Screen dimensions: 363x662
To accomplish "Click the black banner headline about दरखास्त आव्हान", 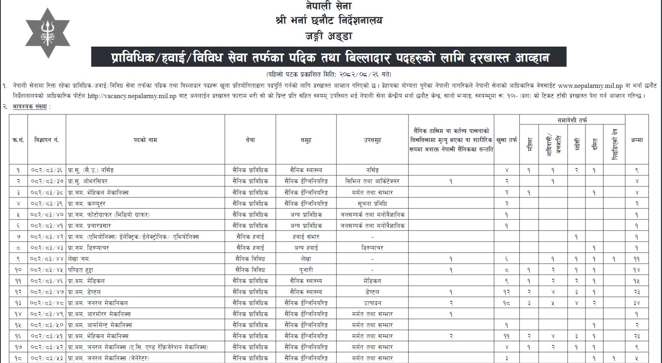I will (328, 57).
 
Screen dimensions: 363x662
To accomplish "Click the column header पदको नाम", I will (145, 140).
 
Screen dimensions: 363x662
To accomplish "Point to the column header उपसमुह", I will (372, 140).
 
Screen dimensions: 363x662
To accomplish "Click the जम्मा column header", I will (637, 140).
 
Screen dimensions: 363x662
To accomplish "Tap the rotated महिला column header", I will (529, 145).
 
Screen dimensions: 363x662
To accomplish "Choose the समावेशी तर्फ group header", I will (572, 120).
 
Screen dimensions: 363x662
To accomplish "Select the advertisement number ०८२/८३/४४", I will (47, 259).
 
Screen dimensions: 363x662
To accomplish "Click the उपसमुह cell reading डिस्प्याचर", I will (372, 248).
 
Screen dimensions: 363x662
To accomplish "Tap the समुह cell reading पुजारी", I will (306, 270).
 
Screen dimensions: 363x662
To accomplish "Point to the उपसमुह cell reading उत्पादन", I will (372, 303).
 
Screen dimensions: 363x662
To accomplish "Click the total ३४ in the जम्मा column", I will (637, 303).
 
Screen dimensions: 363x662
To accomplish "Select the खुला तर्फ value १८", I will (507, 303).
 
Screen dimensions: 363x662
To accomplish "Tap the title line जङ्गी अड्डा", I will (328, 36).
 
